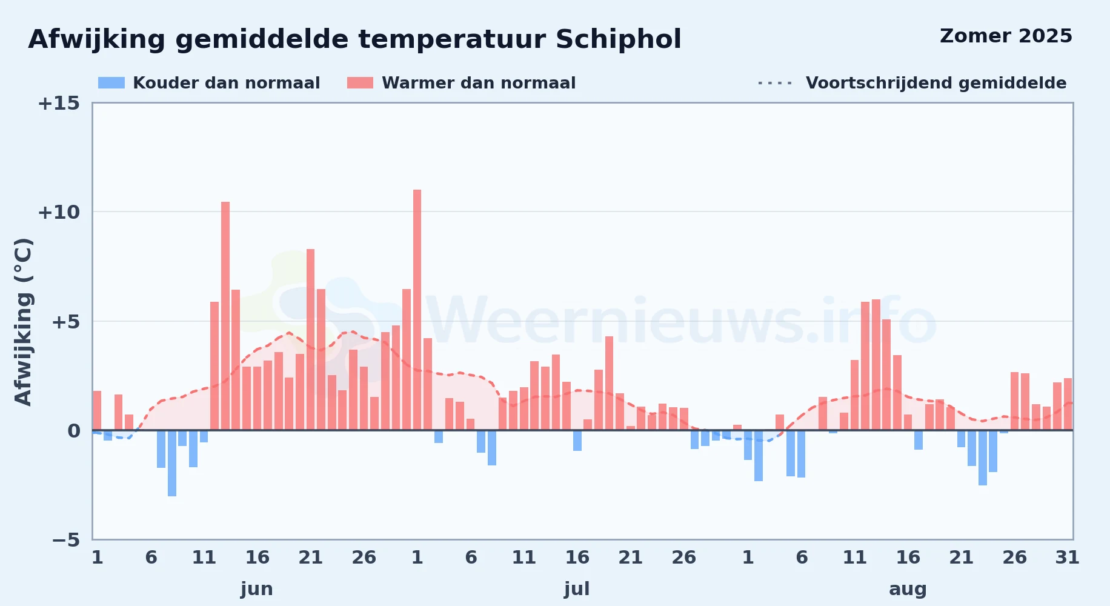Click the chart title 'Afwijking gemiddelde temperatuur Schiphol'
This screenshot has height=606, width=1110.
tap(354, 40)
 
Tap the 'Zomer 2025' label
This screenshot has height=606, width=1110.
tap(1006, 36)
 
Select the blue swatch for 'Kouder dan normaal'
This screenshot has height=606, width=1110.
tap(111, 83)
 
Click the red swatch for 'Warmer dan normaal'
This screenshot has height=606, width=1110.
tap(360, 83)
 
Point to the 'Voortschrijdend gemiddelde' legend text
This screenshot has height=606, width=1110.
tap(936, 83)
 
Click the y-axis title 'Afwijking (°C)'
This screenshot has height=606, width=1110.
tap(23, 322)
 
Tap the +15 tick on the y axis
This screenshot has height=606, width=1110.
tap(59, 104)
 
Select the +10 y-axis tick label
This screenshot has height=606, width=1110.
tap(59, 212)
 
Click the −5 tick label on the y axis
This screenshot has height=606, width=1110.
tap(66, 540)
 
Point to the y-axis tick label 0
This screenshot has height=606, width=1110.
tap(73, 431)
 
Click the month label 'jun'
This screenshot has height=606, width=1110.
tap(257, 589)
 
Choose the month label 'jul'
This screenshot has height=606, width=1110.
tap(577, 589)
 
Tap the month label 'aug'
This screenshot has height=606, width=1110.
tap(908, 590)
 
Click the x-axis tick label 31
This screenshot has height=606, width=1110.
tap(1068, 558)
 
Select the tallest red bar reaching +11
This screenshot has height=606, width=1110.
tap(417, 310)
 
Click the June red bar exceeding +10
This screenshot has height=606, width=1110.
tap(225, 316)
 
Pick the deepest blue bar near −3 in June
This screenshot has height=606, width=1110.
tap(172, 464)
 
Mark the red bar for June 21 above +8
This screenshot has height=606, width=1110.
tap(311, 339)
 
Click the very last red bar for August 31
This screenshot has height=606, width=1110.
tap(1068, 404)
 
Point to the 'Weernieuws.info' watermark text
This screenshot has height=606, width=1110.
tap(682, 322)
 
